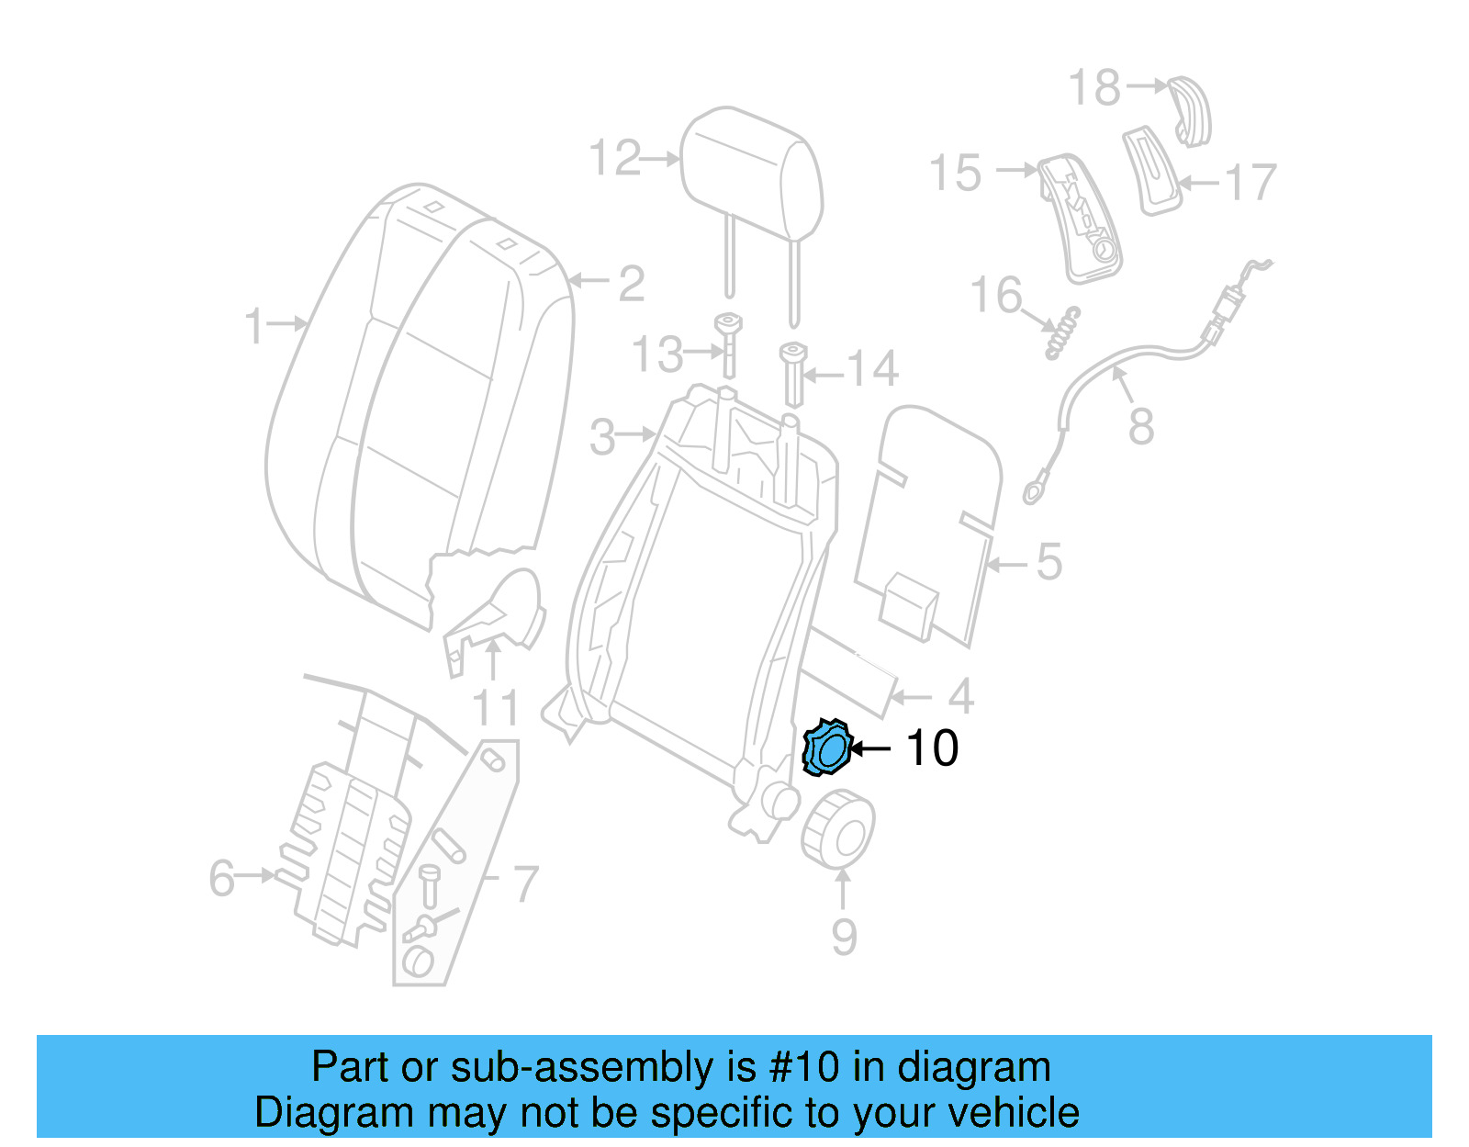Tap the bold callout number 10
pyautogui.click(x=932, y=748)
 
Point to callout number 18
pyautogui.click(x=1094, y=88)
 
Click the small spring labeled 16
pyautogui.click(x=1064, y=332)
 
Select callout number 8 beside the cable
pyautogui.click(x=1140, y=426)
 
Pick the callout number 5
pyautogui.click(x=1048, y=561)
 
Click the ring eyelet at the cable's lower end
pyautogui.click(x=1034, y=493)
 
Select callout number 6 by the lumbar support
pyautogui.click(x=221, y=878)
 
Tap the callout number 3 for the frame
pyautogui.click(x=602, y=437)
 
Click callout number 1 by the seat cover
pyautogui.click(x=254, y=327)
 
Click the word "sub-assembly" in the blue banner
pyautogui.click(x=584, y=1067)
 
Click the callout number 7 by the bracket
pyautogui.click(x=524, y=883)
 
